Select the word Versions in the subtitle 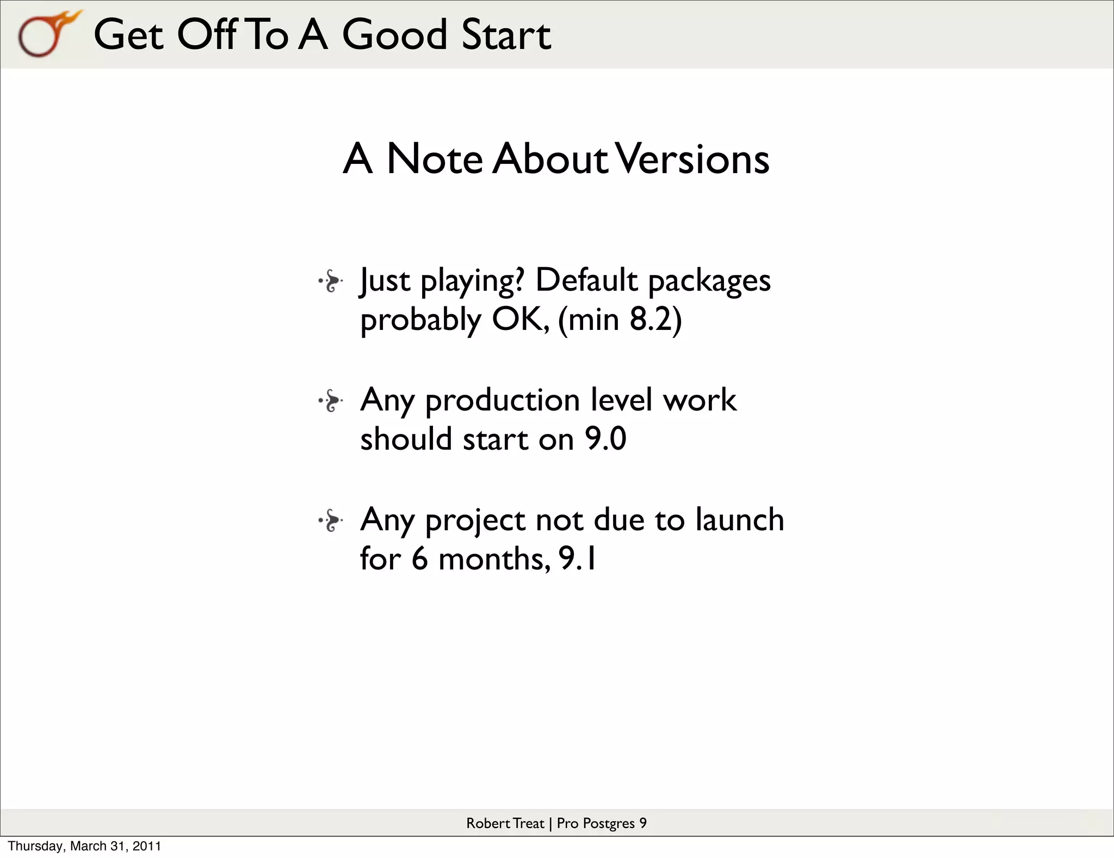coord(694,159)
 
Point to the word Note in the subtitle coord(434,159)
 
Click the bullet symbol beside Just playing coord(331,281)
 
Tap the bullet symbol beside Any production coord(331,401)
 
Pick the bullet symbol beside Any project coord(331,521)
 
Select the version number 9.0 coord(605,439)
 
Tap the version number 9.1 coord(578,559)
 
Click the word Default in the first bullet coord(586,281)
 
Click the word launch coord(739,519)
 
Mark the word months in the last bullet coord(494,559)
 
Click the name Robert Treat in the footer coord(505,823)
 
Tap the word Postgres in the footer coord(608,824)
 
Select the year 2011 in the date coord(147,846)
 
